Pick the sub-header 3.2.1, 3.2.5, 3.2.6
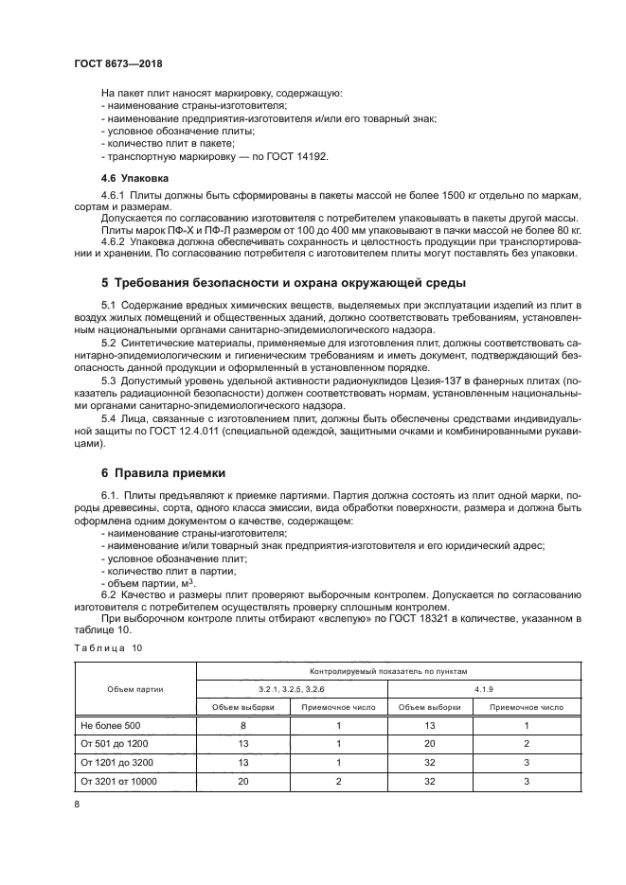(292, 688)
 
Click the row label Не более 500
(109, 724)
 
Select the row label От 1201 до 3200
(118, 762)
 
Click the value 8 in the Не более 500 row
(244, 724)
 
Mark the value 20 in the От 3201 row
(244, 781)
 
